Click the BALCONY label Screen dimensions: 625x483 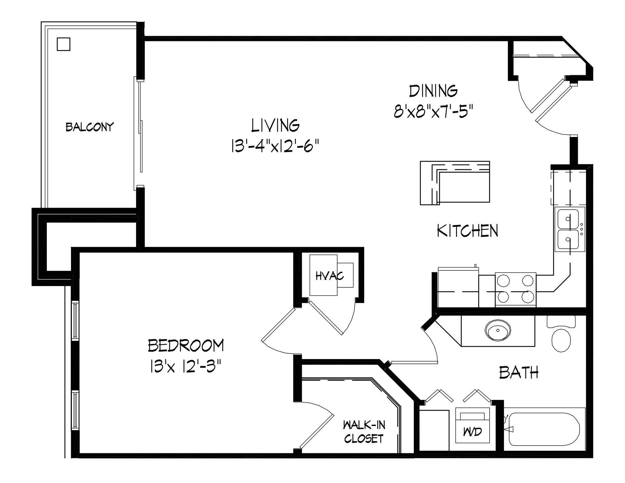click(90, 127)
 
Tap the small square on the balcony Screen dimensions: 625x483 click(63, 44)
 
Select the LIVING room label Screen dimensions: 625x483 click(275, 125)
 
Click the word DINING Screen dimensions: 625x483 click(433, 91)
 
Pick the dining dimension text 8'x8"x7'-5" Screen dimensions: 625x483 click(433, 111)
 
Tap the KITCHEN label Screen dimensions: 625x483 click(467, 231)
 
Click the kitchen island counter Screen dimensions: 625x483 click(455, 183)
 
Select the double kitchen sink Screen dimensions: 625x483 click(570, 229)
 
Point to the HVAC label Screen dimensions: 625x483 click(329, 276)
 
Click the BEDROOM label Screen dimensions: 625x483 click(186, 345)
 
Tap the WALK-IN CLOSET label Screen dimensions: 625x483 click(364, 432)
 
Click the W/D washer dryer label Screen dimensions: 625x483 click(472, 432)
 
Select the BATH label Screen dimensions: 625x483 click(519, 372)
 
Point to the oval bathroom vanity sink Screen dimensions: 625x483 click(498, 330)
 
